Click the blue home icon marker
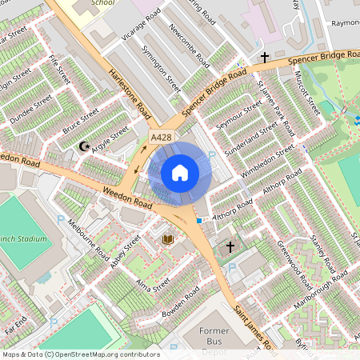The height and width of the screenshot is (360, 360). click(180, 172)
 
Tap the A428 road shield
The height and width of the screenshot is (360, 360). click(162, 138)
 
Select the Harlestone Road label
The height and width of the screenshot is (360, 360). click(130, 87)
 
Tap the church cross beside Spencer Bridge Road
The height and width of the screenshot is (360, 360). click(265, 58)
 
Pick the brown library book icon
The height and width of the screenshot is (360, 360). click(169, 239)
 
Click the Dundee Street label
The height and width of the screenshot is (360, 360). click(30, 109)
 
